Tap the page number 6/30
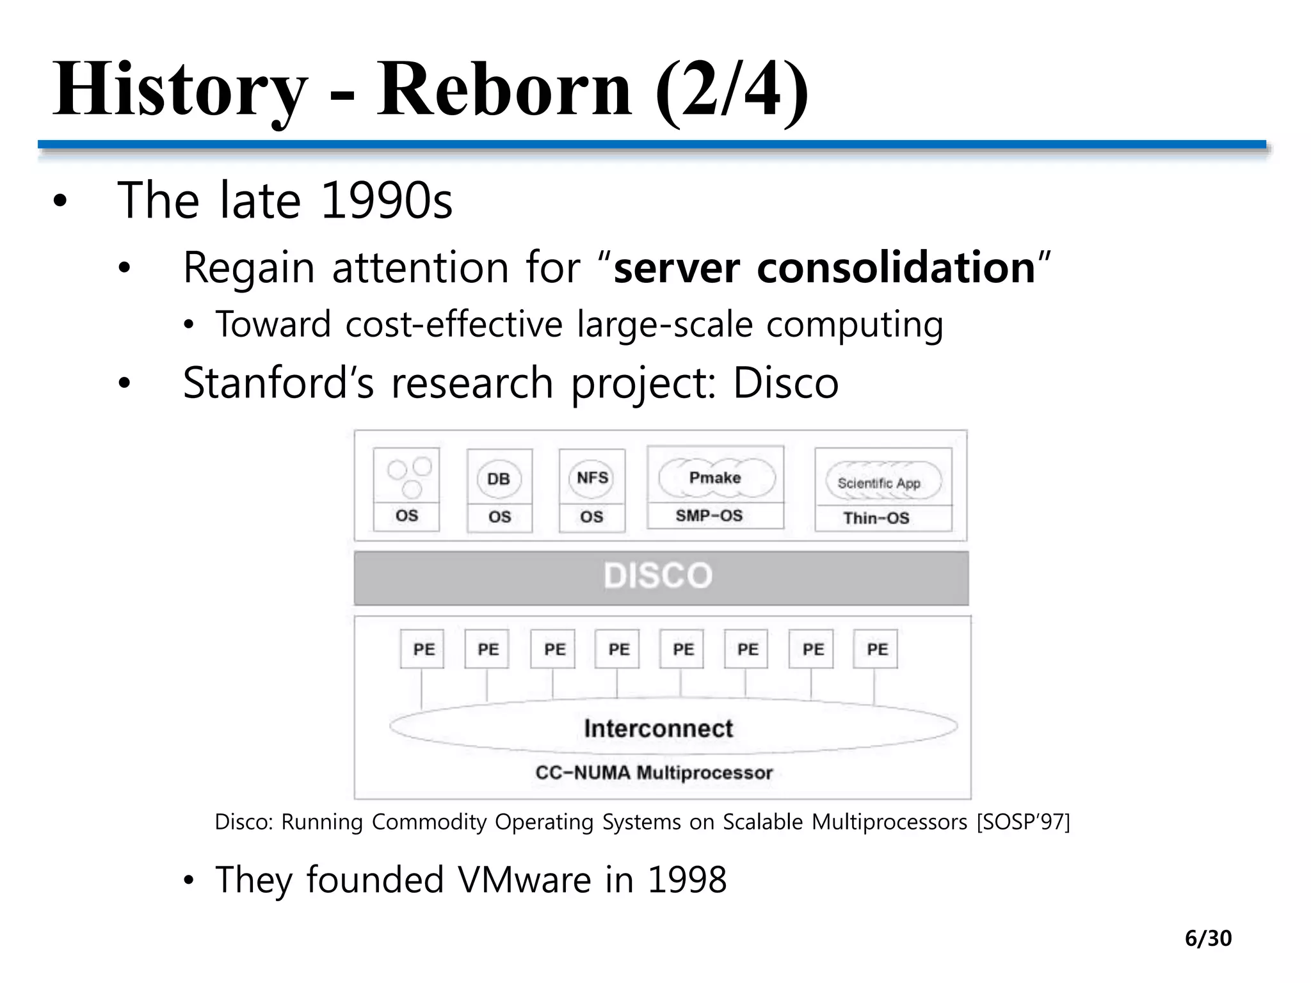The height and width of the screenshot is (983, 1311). click(x=1208, y=938)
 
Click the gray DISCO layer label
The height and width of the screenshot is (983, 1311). click(x=658, y=575)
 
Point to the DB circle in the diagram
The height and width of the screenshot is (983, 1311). click(x=499, y=479)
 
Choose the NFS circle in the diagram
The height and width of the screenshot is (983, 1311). click(x=592, y=477)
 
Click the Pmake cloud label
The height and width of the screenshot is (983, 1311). click(x=715, y=477)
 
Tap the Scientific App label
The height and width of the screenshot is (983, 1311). click(x=878, y=483)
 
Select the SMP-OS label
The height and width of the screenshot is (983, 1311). click(x=709, y=516)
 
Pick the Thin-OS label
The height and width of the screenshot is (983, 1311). click(x=876, y=518)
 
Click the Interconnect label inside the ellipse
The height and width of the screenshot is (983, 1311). click(x=658, y=728)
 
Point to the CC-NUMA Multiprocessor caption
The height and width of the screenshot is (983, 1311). click(x=654, y=772)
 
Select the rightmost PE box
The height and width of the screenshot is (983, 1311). click(x=876, y=649)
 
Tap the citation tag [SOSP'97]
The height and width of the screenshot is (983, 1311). click(x=1023, y=821)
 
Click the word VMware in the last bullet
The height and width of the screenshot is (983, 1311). click(x=524, y=880)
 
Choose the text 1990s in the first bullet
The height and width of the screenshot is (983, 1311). click(x=386, y=201)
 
